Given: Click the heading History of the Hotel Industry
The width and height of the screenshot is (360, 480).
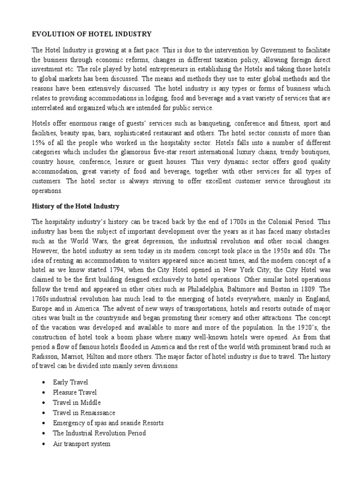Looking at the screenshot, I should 75,206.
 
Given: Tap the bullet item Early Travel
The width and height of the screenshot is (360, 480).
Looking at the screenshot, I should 70,382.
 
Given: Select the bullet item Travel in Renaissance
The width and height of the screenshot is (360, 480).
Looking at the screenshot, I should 84,412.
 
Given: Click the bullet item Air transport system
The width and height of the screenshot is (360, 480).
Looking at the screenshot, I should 82,443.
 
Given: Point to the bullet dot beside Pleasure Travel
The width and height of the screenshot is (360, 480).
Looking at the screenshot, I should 43,392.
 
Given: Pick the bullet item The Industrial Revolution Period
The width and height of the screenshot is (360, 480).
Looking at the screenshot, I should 99,433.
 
